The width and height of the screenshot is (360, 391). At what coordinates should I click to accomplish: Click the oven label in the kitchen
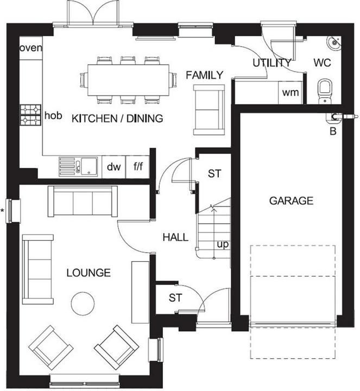tap(31, 48)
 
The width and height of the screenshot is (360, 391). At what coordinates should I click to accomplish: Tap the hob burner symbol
tap(30, 115)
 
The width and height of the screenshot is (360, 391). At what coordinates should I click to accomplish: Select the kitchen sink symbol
tap(78, 166)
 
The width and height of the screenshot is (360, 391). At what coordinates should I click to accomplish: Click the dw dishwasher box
tap(113, 167)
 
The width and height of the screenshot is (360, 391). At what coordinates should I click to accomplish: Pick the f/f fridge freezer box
tap(137, 167)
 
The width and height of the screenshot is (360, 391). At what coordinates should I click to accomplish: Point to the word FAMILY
tap(204, 75)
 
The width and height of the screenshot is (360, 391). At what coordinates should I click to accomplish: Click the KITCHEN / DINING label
tap(117, 118)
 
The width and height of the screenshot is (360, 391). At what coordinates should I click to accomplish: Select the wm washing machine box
tap(290, 92)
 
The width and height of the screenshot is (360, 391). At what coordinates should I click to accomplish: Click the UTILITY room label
tap(272, 62)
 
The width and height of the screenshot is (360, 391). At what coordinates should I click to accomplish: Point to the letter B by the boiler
tap(333, 130)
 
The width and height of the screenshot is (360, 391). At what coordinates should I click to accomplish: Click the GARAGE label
tap(291, 201)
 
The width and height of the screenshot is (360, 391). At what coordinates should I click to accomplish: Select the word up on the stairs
tap(223, 244)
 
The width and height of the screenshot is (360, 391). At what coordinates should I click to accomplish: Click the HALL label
tap(175, 237)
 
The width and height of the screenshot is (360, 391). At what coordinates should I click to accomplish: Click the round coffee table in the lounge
tap(83, 302)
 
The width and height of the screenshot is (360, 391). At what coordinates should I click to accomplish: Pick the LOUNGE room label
tap(89, 273)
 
